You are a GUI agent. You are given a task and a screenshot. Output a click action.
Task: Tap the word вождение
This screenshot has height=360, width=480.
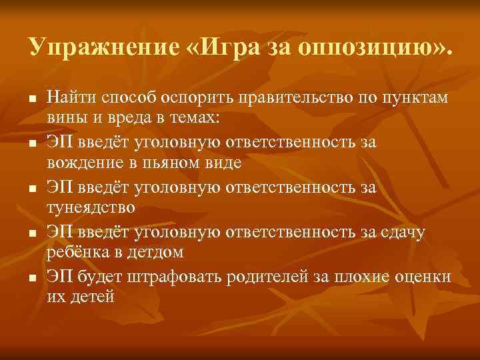point(79,161)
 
